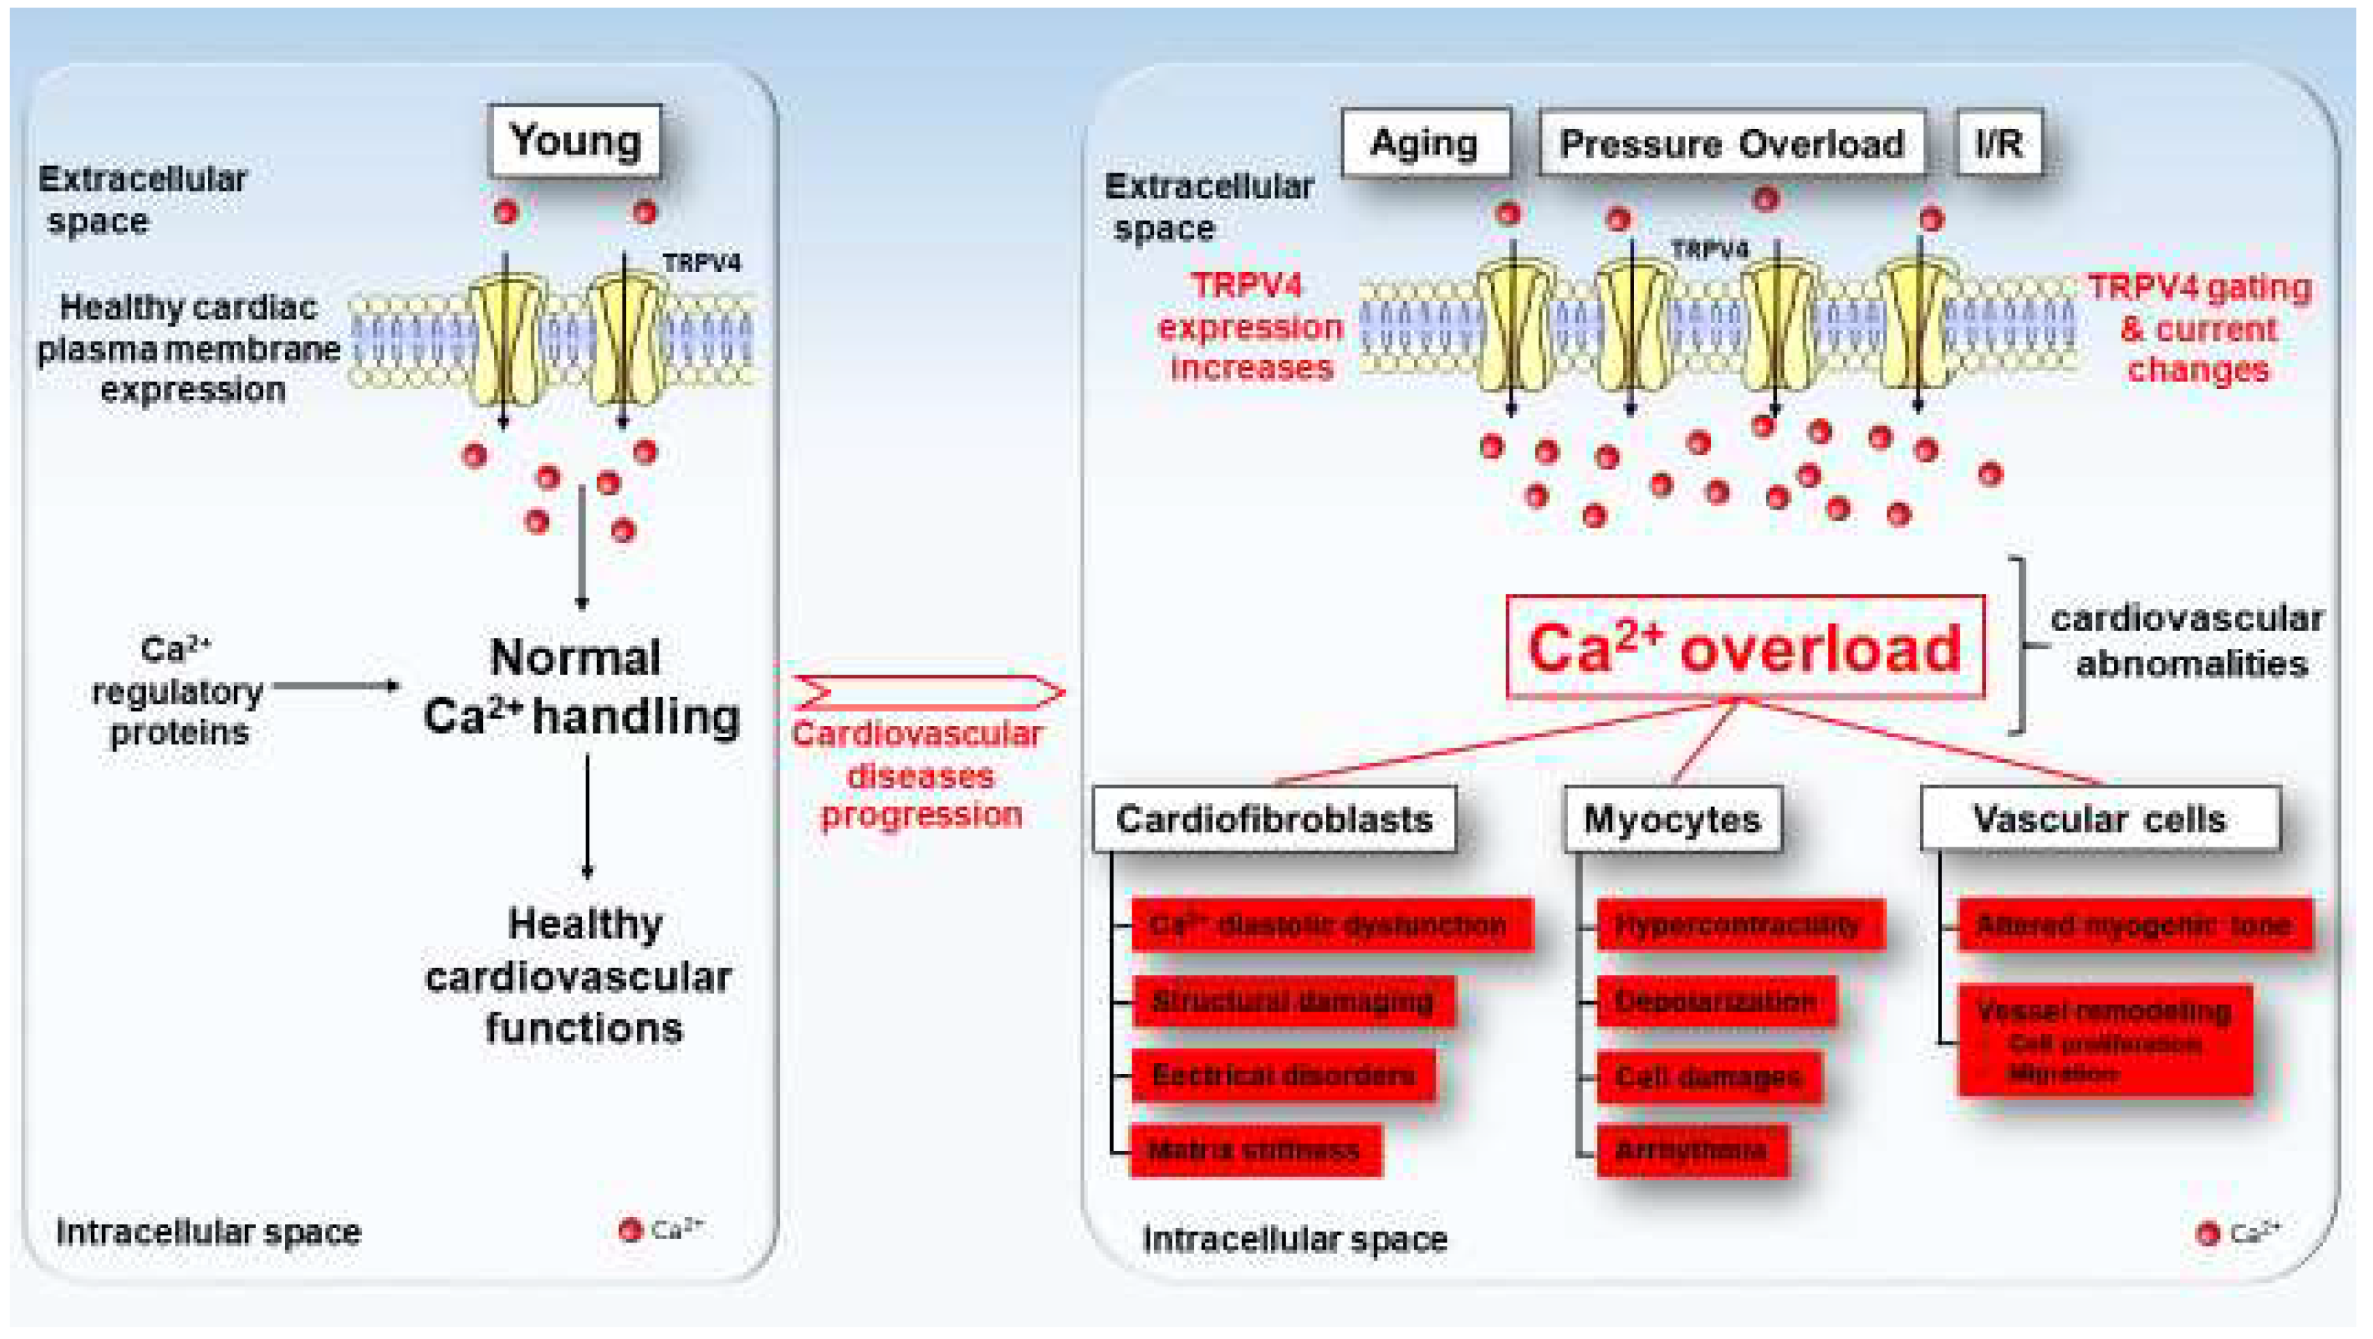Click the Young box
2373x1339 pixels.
(575, 141)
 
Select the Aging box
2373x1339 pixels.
(1425, 143)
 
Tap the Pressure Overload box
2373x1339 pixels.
(1732, 143)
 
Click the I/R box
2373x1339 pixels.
(1999, 143)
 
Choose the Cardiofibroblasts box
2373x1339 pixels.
(1274, 819)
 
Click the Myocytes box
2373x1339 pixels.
(1672, 819)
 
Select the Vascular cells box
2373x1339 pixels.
(2100, 819)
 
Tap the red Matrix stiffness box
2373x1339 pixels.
(1254, 1149)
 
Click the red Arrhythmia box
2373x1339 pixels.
(1692, 1149)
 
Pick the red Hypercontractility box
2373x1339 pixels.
(1740, 924)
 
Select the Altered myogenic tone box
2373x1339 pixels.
(2134, 924)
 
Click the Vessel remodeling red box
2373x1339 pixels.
(2105, 1041)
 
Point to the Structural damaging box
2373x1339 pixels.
(1293, 1001)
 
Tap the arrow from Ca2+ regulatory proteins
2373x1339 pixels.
(337, 686)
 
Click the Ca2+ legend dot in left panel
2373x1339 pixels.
(630, 1229)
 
